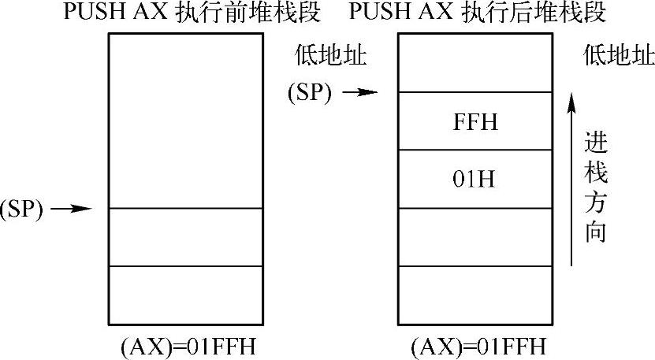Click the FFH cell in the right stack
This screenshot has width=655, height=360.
click(477, 122)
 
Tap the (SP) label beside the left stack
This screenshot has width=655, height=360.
click(21, 209)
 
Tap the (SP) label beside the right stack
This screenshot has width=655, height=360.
click(310, 93)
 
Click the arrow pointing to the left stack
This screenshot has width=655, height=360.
click(76, 209)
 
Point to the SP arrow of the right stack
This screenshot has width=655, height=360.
click(361, 93)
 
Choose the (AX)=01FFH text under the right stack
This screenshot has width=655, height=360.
click(478, 347)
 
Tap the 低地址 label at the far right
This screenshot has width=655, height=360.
click(619, 57)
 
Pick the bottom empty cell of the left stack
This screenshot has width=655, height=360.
click(184, 295)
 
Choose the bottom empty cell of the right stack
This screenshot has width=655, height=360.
click(477, 295)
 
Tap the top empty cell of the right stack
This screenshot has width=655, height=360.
click(477, 63)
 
